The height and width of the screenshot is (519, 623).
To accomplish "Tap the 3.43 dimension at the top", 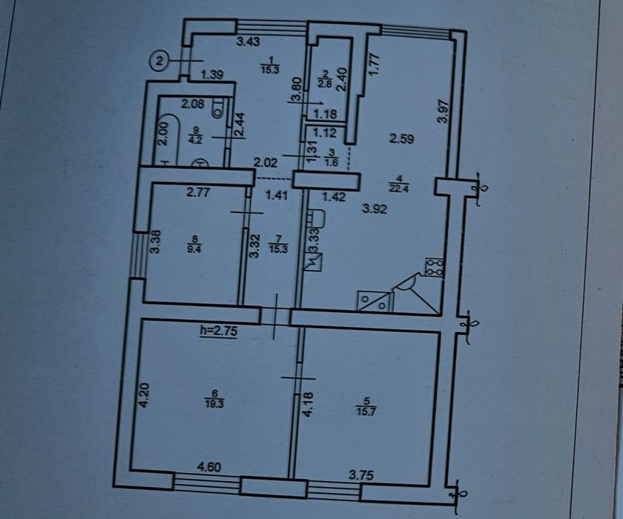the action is click(248, 42).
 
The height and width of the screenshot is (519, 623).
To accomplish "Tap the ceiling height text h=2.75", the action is click(218, 331).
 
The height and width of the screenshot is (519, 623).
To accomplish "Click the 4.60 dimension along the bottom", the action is click(208, 466).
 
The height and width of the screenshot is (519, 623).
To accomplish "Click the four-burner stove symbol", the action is click(432, 268).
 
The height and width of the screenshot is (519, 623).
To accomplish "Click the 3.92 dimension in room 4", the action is click(375, 209).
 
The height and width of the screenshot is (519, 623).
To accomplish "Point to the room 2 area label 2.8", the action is click(324, 79).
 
